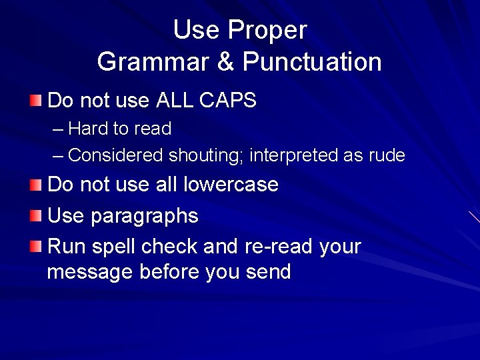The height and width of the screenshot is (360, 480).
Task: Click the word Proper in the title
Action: [267, 31]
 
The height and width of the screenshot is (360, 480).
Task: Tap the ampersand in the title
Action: [226, 62]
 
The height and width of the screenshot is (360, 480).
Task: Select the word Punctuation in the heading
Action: [312, 62]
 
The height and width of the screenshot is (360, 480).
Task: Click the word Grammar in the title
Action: [153, 62]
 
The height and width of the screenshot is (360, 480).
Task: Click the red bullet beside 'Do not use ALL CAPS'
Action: [35, 101]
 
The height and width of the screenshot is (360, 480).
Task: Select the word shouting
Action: [208, 155]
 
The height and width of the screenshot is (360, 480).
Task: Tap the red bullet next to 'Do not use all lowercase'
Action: [35, 184]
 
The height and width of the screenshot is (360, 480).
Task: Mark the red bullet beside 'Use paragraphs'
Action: [35, 215]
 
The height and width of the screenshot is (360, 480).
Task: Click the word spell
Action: [114, 247]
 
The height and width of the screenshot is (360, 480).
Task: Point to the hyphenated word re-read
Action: [280, 247]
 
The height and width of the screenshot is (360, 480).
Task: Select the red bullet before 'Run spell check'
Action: [35, 247]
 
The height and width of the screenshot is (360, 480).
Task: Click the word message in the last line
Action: [90, 272]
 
